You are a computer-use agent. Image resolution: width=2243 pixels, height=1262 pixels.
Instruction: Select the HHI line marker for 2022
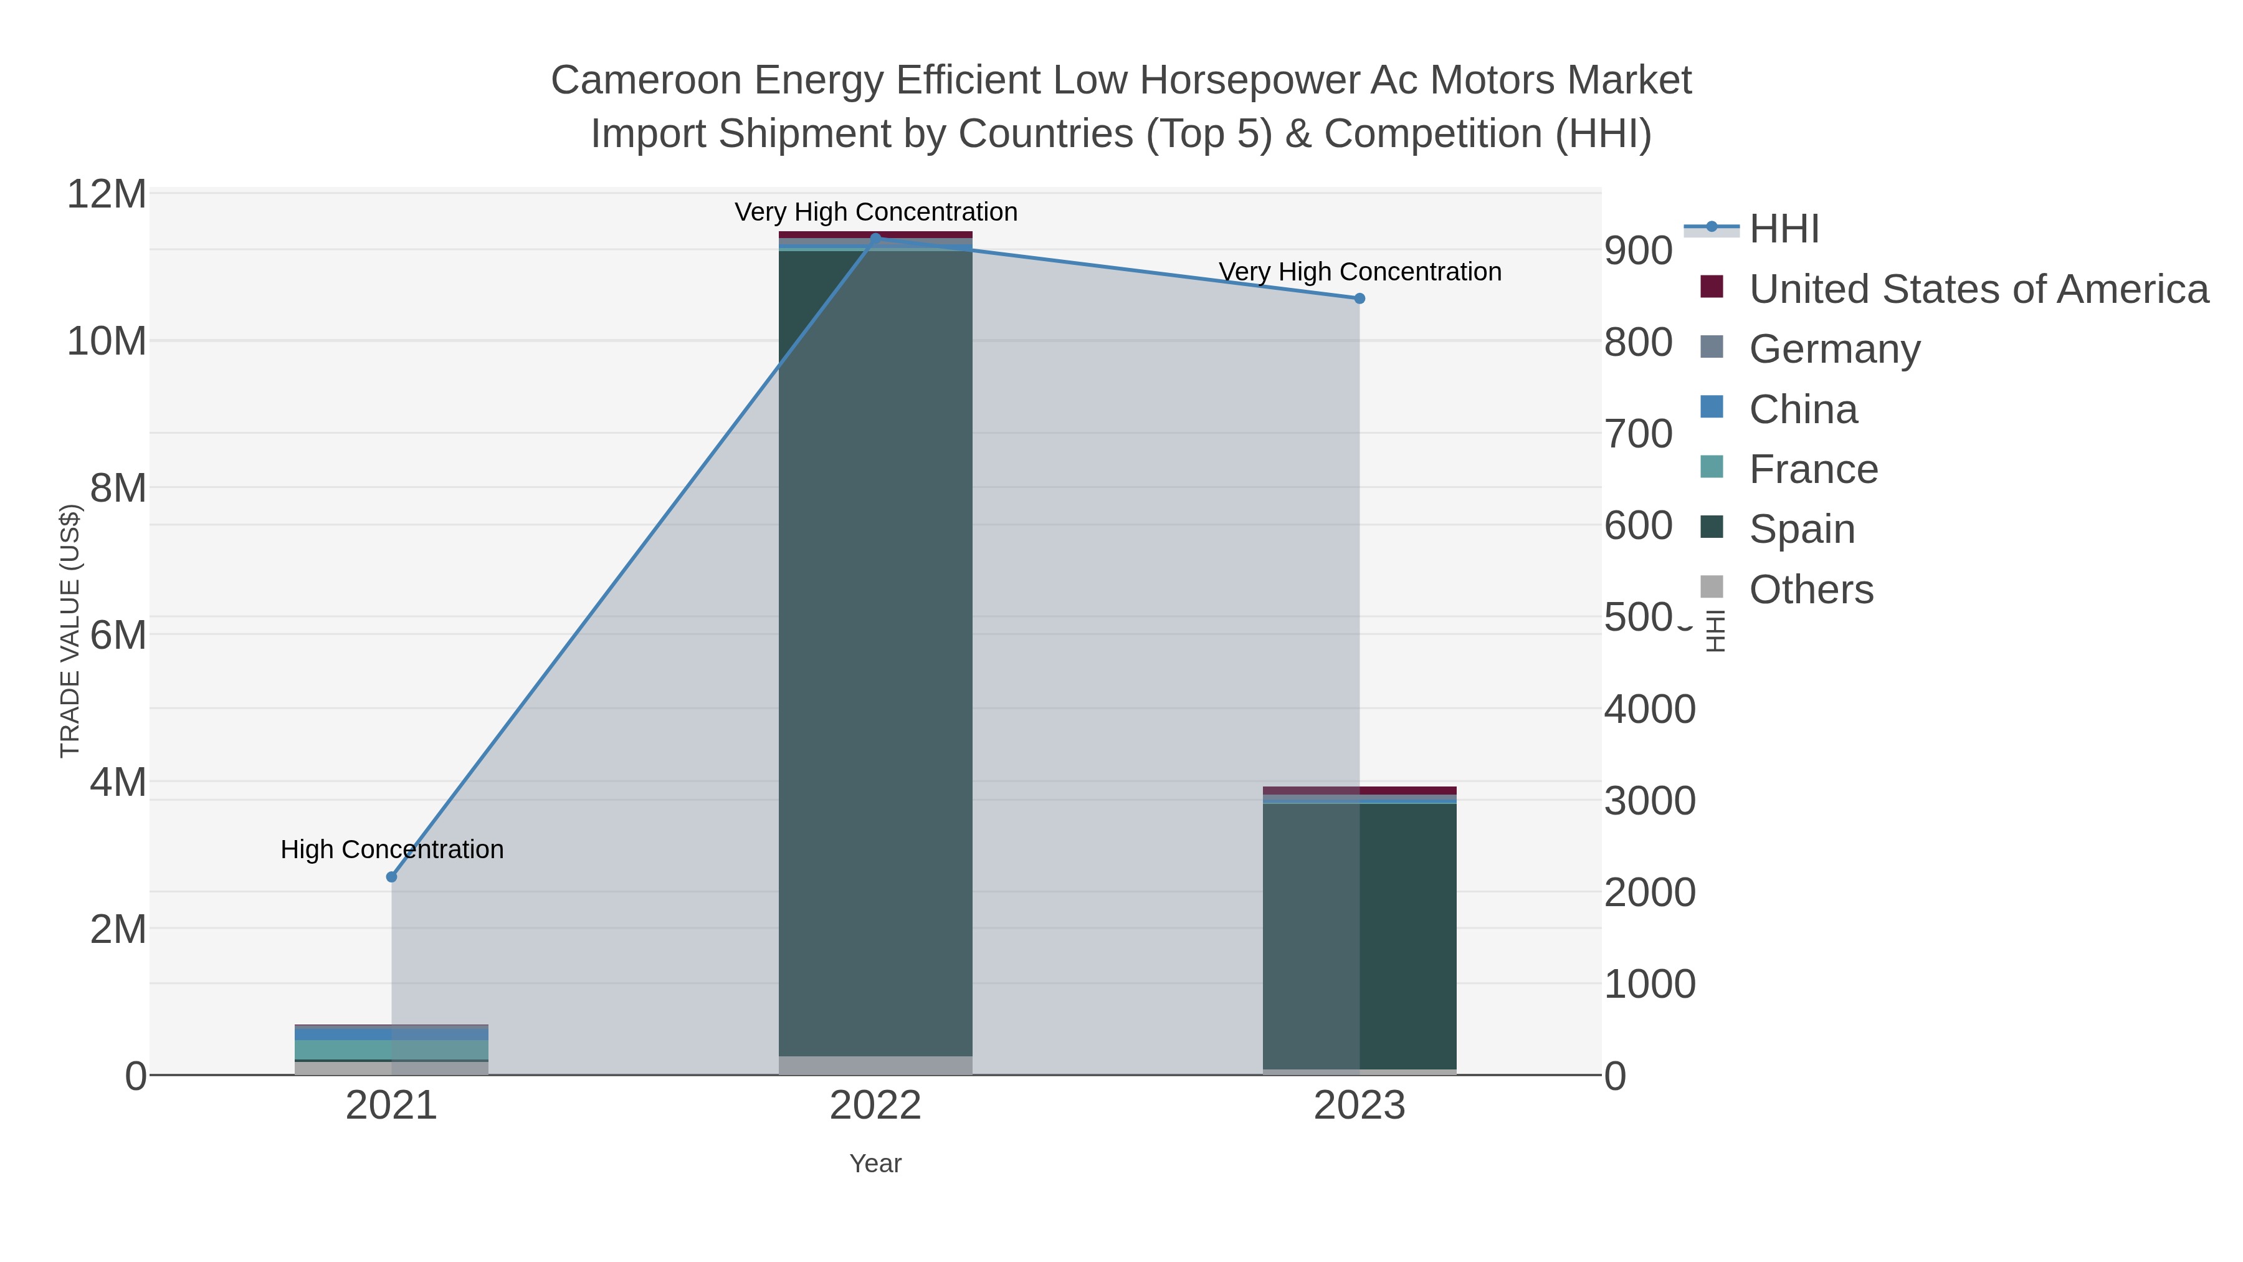875,238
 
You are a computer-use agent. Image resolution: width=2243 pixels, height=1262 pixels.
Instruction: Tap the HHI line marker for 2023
1360,299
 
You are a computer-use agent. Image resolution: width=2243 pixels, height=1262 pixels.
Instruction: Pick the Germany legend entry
1834,349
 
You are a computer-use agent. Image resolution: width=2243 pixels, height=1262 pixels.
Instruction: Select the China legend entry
1802,409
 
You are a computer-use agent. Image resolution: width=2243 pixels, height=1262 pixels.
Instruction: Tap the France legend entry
1813,469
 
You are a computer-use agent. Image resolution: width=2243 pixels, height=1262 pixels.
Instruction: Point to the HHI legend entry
1783,229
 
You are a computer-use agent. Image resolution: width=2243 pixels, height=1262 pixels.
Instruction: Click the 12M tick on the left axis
106,194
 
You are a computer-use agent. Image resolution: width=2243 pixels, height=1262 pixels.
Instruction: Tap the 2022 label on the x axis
875,1107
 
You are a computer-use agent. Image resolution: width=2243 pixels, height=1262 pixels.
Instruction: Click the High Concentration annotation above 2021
392,849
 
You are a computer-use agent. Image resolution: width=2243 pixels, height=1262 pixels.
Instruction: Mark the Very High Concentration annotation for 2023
1360,272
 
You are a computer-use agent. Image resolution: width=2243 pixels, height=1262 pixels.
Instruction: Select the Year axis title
875,1164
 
